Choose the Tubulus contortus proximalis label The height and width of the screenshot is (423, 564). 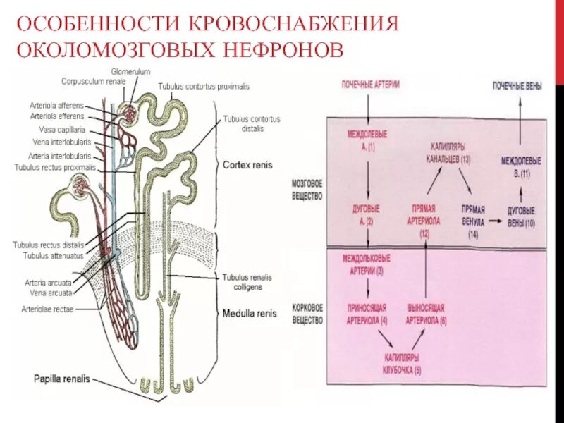coord(203,86)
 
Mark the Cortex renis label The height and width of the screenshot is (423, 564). coord(247,165)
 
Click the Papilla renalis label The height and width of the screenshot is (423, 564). coord(62,379)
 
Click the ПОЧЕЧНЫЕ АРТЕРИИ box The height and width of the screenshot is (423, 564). coord(370,85)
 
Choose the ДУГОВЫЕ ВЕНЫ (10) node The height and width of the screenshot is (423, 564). coord(521,216)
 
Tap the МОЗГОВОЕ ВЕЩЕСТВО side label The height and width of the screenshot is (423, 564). coord(307,190)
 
